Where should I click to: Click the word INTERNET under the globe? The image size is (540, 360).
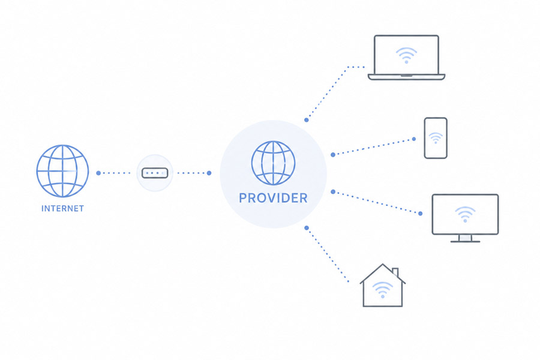[x=62, y=208]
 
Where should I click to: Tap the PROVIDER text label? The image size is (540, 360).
[x=273, y=198]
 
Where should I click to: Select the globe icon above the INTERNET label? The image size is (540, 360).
[x=62, y=171]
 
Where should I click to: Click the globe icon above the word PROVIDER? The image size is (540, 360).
[x=273, y=163]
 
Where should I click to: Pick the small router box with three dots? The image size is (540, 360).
[x=155, y=173]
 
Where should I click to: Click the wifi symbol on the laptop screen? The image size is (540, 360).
[x=406, y=55]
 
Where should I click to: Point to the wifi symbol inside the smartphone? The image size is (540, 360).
[x=436, y=138]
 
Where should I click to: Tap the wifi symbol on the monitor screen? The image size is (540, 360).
[x=465, y=214]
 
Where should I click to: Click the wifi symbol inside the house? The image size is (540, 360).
[x=383, y=290]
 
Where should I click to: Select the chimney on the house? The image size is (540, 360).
[x=395, y=272]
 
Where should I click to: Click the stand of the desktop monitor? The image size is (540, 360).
[x=465, y=238]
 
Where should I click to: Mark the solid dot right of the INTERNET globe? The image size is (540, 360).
[x=98, y=173]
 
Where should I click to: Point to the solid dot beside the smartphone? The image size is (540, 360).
[x=414, y=139]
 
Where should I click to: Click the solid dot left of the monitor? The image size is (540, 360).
[x=421, y=214]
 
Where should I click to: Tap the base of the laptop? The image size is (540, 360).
[x=406, y=77]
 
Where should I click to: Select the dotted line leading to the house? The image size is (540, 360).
[x=327, y=255]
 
